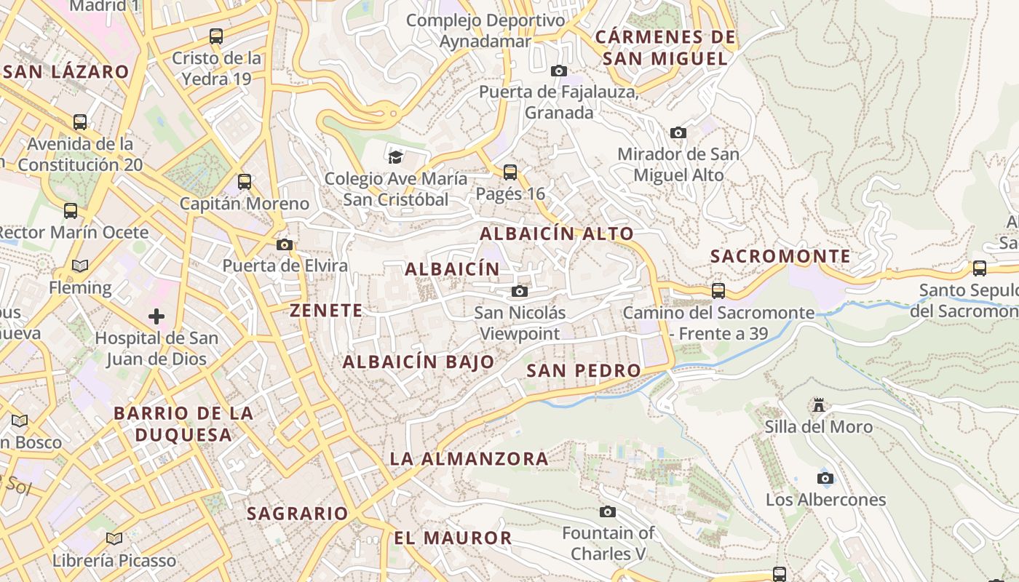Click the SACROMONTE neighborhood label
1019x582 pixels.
click(x=780, y=256)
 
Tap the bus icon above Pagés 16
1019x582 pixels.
click(x=510, y=172)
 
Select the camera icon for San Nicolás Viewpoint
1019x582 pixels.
click(x=520, y=292)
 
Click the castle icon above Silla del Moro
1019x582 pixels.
click(x=819, y=404)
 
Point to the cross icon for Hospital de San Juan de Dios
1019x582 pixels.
click(x=156, y=316)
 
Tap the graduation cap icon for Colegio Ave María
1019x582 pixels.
click(x=395, y=156)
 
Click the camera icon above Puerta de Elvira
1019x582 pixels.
click(x=285, y=244)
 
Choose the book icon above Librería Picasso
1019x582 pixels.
click(x=114, y=539)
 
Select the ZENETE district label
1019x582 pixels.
click(x=326, y=311)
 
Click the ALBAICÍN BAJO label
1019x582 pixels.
click(x=419, y=362)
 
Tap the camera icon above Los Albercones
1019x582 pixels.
click(x=825, y=478)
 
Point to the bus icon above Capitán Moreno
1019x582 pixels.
click(x=245, y=182)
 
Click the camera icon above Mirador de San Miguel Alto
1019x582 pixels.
click(x=678, y=132)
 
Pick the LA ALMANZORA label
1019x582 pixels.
click(x=469, y=458)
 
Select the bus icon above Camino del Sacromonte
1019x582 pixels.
click(x=718, y=291)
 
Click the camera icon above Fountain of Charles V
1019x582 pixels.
click(x=608, y=511)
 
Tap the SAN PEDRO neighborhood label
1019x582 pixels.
click(x=584, y=370)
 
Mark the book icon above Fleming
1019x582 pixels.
click(x=80, y=266)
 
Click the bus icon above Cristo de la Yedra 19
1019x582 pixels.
click(x=216, y=36)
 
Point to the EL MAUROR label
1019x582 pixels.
click(x=453, y=538)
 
